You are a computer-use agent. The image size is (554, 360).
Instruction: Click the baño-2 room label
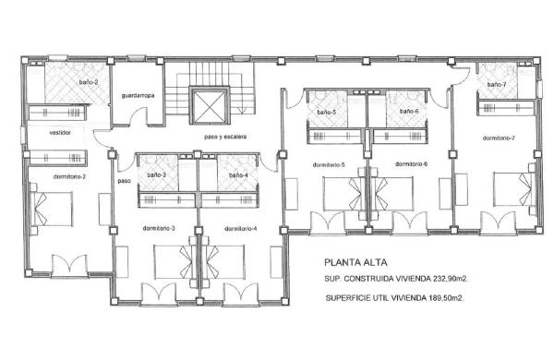pos(89,82)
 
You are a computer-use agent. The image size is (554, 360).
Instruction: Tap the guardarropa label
pos(138,95)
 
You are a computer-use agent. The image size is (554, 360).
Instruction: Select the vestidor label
pos(60,133)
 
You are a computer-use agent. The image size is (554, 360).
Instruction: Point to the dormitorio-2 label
pos(69,176)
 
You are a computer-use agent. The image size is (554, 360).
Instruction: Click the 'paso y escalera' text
pos(225,137)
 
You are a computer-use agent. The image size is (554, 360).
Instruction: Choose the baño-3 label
pos(157,174)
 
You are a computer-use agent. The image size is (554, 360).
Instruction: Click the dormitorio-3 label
pos(159,228)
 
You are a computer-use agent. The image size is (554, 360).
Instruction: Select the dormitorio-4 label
pos(241,229)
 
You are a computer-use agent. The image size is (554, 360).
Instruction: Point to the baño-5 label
pos(327,113)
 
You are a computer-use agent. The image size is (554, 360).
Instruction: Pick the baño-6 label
pos(409,112)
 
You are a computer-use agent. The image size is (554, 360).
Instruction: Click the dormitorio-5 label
pos(329,165)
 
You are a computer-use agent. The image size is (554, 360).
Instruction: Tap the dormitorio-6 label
pos(411,164)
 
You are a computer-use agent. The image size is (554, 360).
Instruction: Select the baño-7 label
pos(497,84)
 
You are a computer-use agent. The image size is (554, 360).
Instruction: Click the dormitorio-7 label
pos(499,138)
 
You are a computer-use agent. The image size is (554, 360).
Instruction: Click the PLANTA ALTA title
pos(355,262)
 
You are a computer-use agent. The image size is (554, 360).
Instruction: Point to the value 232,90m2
pos(452,279)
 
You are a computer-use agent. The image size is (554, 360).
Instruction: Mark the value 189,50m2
pos(447,298)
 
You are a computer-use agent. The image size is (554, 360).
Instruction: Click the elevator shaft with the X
pos(210,105)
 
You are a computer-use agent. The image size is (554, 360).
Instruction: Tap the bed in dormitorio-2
pos(52,210)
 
